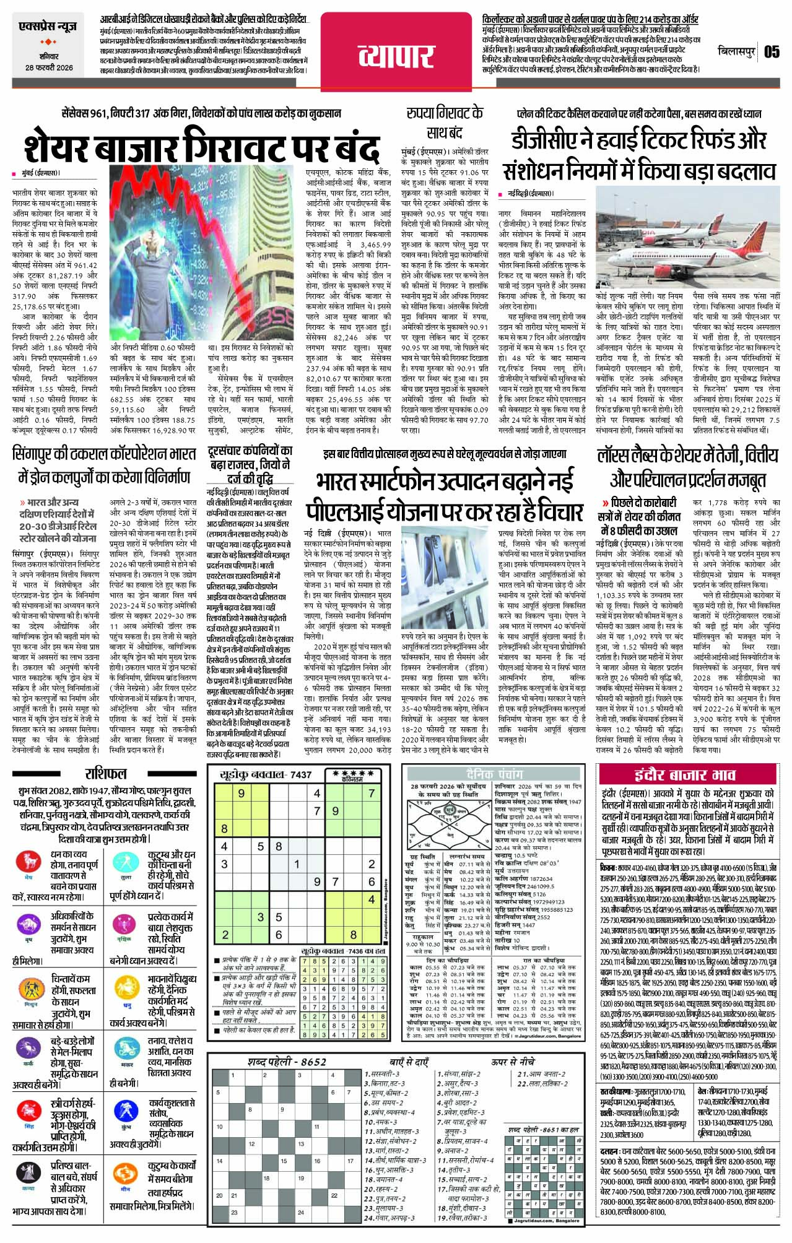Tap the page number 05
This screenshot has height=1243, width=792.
(x=771, y=52)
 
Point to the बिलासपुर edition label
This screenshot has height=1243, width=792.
(x=738, y=52)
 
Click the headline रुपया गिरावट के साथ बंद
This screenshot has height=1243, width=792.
(x=444, y=123)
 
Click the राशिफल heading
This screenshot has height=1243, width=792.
(x=106, y=773)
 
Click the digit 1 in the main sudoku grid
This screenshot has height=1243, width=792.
(x=297, y=864)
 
